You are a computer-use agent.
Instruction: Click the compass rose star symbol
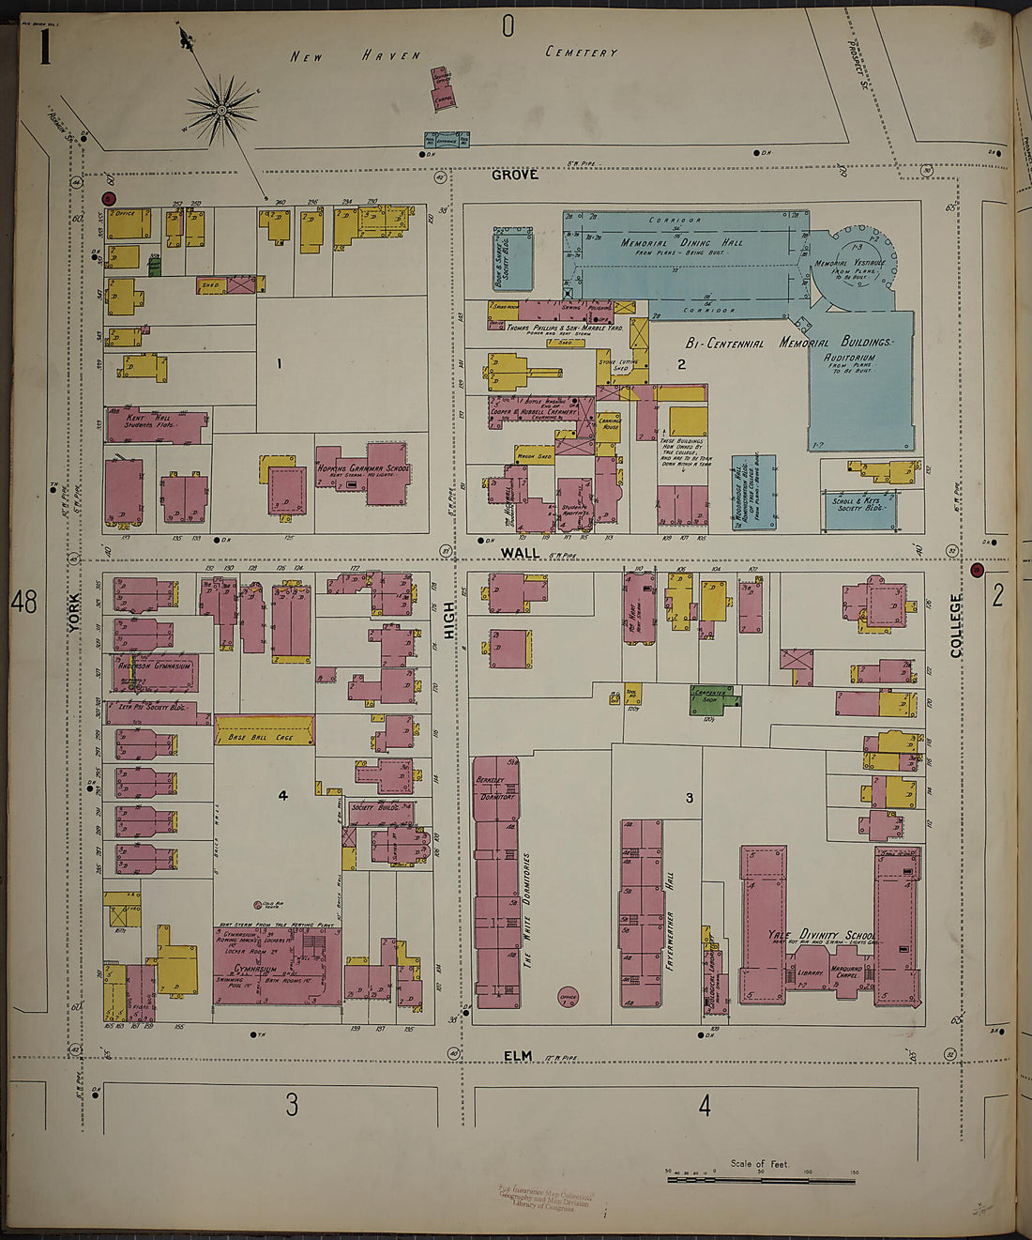[x=222, y=111]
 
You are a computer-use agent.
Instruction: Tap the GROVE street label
[x=515, y=175]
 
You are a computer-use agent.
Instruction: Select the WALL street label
[x=520, y=553]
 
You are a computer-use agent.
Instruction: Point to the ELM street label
[x=517, y=1056]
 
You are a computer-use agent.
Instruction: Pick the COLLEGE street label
[x=957, y=625]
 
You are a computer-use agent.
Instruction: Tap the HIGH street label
[x=448, y=620]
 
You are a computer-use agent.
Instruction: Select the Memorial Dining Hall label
[x=681, y=242]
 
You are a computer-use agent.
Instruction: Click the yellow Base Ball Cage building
[x=264, y=730]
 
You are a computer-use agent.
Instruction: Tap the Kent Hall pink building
[x=156, y=425]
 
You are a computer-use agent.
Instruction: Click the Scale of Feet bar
[x=760, y=1177]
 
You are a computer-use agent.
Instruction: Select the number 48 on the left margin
[x=24, y=602]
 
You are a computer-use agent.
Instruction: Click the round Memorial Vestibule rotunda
[x=853, y=258]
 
